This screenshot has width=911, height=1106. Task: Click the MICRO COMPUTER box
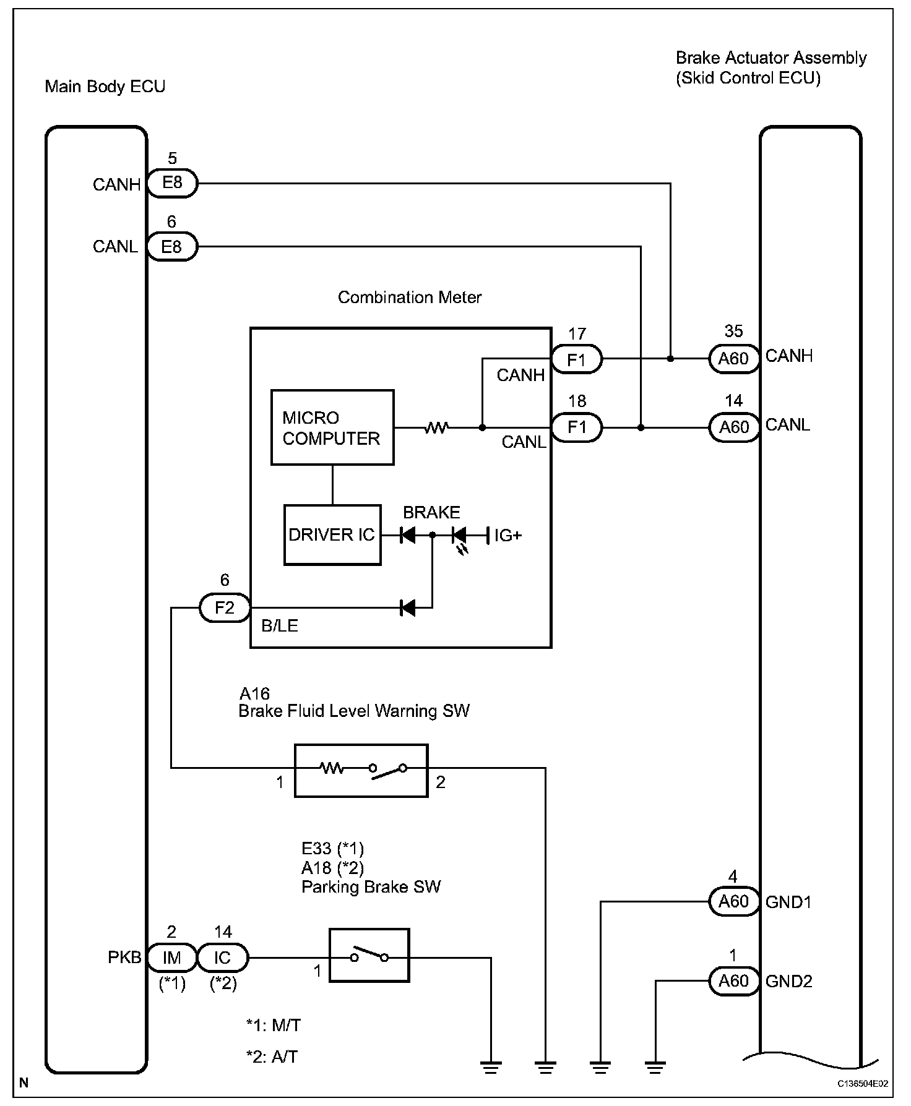point(332,427)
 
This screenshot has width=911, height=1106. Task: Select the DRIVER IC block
point(332,534)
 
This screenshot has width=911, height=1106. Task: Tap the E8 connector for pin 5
point(172,184)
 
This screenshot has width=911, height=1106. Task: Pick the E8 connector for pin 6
point(172,247)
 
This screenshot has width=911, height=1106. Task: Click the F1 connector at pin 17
point(577,359)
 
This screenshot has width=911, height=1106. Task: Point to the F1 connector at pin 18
point(577,427)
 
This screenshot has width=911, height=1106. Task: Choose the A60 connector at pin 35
point(733,359)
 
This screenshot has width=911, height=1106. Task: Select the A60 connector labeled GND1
point(733,902)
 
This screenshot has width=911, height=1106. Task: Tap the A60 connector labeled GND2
point(733,981)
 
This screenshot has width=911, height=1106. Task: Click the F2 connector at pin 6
point(225,608)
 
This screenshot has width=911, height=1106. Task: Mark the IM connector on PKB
point(172,958)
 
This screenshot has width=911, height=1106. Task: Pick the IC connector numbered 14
point(223,958)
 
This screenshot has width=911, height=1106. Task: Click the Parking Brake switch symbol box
point(369,955)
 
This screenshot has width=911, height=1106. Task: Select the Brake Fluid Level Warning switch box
point(361,770)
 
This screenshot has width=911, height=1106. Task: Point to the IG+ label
point(507,536)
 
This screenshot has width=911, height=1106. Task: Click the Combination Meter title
point(409,298)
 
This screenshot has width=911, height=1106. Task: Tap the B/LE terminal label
point(280,626)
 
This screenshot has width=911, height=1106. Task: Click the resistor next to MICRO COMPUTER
point(436,427)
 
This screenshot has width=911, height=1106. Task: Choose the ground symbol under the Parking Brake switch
point(491,1066)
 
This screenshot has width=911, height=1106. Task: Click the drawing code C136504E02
point(863,1084)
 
